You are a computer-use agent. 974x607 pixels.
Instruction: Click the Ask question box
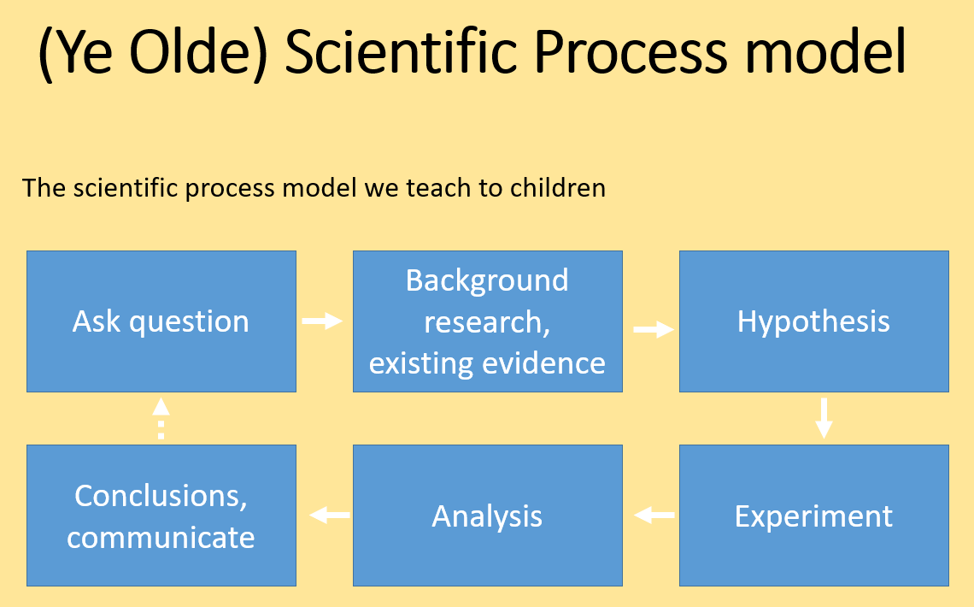(161, 321)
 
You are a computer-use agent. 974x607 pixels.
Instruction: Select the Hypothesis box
(813, 321)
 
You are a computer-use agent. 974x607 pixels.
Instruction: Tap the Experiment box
(813, 515)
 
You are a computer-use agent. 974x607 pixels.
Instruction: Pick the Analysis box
(488, 515)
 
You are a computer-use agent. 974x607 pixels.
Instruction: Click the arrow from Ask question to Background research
(322, 321)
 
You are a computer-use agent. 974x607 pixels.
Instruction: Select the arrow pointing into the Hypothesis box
(654, 329)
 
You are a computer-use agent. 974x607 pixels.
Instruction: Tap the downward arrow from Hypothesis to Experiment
(824, 418)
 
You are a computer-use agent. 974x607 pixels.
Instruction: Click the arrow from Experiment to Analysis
(654, 515)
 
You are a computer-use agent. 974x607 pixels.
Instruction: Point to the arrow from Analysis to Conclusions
(330, 515)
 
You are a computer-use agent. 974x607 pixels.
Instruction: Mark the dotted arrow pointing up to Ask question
(161, 419)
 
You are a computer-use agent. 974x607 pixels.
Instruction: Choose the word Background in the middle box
(487, 280)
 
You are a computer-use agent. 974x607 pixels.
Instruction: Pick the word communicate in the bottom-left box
(161, 538)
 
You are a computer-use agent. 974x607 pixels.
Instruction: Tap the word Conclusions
(161, 497)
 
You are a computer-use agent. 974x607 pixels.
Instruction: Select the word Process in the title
(631, 52)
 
